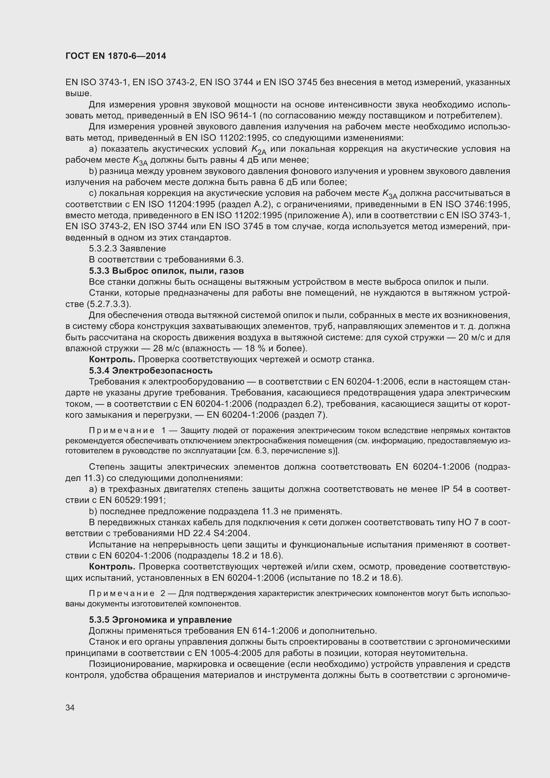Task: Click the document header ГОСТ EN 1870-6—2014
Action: point(115,56)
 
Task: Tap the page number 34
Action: point(70,707)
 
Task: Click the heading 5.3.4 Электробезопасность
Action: point(151,370)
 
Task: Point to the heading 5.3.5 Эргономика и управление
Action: point(160,620)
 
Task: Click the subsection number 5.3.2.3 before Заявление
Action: point(103,248)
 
